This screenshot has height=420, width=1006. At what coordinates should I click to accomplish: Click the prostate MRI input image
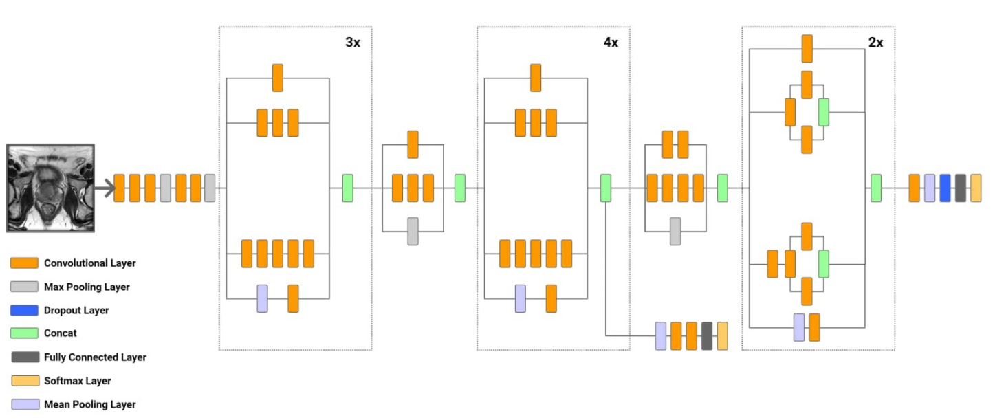pos(50,188)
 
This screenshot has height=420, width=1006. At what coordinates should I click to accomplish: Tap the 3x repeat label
pos(352,43)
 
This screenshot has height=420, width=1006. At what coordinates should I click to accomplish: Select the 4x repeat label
pos(611,43)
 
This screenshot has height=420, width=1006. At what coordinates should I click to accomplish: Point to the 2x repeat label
pos(875,43)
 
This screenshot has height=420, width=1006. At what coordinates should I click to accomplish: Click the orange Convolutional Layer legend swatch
pos(24,263)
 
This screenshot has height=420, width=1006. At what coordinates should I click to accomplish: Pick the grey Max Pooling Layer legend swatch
pos(24,287)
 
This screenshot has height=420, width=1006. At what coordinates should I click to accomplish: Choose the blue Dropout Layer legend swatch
pos(24,310)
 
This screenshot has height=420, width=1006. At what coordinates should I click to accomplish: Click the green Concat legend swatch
pos(24,333)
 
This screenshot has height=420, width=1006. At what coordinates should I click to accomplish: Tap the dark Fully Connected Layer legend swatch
pos(24,357)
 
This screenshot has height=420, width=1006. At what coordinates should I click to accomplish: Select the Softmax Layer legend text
pos(77,381)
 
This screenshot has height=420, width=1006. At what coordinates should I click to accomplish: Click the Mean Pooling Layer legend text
pos(89,404)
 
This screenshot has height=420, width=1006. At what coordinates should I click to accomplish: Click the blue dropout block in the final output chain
pos(945,188)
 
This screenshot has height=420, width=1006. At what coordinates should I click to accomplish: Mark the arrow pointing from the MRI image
pos(105,188)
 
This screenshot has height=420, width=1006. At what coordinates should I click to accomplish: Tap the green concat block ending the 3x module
pos(348,188)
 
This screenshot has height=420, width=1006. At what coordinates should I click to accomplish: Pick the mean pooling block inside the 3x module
pos(262,298)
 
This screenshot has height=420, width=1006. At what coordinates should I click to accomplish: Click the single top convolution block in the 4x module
pos(536,78)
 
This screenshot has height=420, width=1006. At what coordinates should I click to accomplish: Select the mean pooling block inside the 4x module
pos(521,298)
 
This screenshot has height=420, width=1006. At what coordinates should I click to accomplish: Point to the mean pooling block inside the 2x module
pos(799,327)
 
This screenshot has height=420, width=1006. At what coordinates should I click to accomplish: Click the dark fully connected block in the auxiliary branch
pos(707,335)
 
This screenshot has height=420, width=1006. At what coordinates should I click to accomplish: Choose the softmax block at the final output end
pos(976,188)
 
